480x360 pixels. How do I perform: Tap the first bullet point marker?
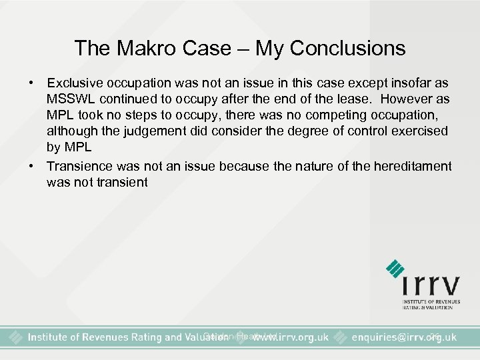click(x=31, y=83)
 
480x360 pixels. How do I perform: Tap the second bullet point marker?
click(x=31, y=166)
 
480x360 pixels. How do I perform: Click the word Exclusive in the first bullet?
click(x=75, y=83)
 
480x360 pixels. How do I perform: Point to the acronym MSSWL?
click(x=70, y=99)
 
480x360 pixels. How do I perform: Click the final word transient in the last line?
click(x=124, y=182)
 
